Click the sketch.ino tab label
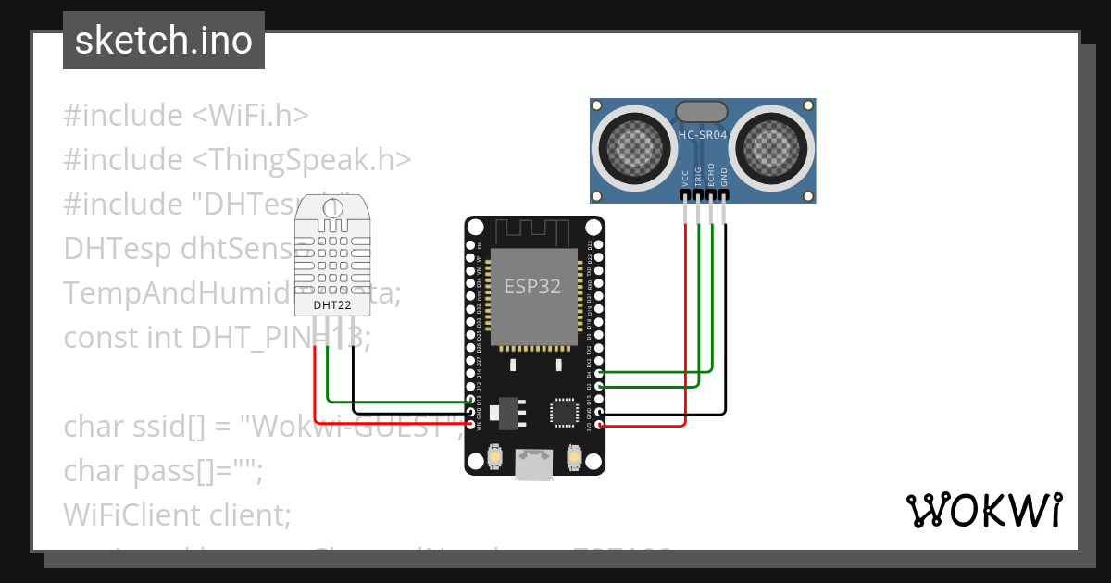(164, 41)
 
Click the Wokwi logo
(983, 510)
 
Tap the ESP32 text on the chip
(532, 287)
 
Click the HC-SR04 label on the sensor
(703, 135)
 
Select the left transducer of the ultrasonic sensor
(634, 145)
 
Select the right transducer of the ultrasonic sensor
(772, 145)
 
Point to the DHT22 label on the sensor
(331, 304)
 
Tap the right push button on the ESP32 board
(574, 458)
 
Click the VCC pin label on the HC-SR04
(685, 178)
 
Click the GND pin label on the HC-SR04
(724, 178)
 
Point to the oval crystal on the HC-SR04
(703, 112)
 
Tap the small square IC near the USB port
(564, 411)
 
